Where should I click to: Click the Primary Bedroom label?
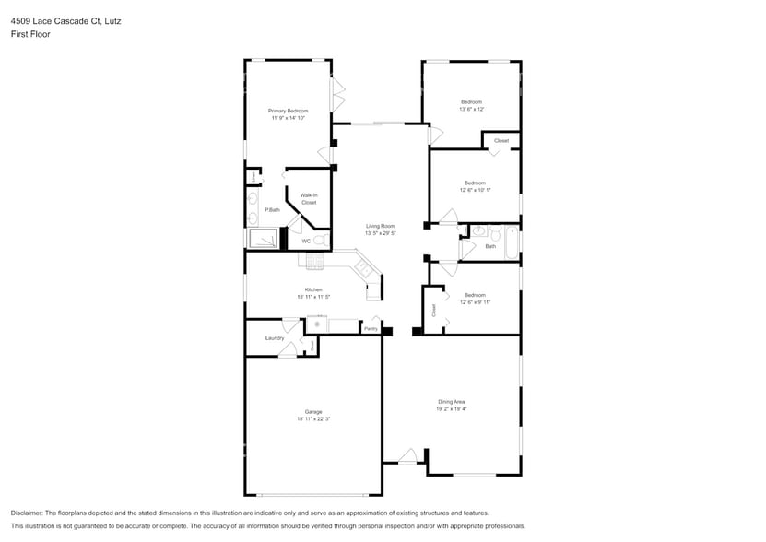coord(288,111)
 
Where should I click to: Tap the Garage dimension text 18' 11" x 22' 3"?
coord(313,419)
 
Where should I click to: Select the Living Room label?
coord(380,226)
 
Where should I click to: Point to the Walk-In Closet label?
coord(309,198)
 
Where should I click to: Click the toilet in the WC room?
coord(320,241)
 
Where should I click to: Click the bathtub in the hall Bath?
coord(512,243)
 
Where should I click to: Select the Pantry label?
coord(371,328)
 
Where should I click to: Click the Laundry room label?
coord(274,338)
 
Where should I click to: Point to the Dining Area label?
coord(452,401)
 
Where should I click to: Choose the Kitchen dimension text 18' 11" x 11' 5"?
coord(313,297)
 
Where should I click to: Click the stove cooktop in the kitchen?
coord(312,264)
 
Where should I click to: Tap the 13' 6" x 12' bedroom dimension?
coord(471,109)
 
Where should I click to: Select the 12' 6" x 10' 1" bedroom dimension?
coord(475,190)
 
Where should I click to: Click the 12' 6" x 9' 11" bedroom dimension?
coord(475,301)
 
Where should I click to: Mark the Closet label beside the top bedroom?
coord(501,140)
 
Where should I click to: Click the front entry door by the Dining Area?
coord(407,456)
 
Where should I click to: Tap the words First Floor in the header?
coord(31,34)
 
